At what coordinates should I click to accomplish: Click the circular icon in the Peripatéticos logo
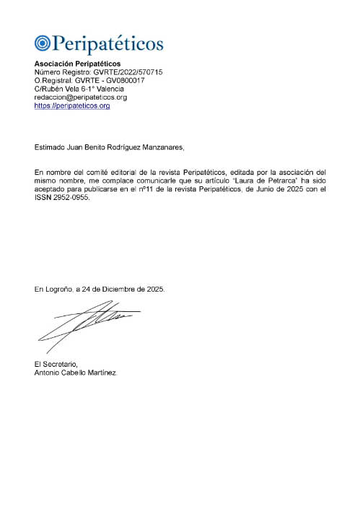[42, 44]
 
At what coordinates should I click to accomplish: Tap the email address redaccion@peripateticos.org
[81, 97]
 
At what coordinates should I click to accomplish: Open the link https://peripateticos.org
[72, 105]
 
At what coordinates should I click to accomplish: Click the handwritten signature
[87, 324]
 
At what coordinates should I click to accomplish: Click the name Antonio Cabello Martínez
[75, 373]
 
